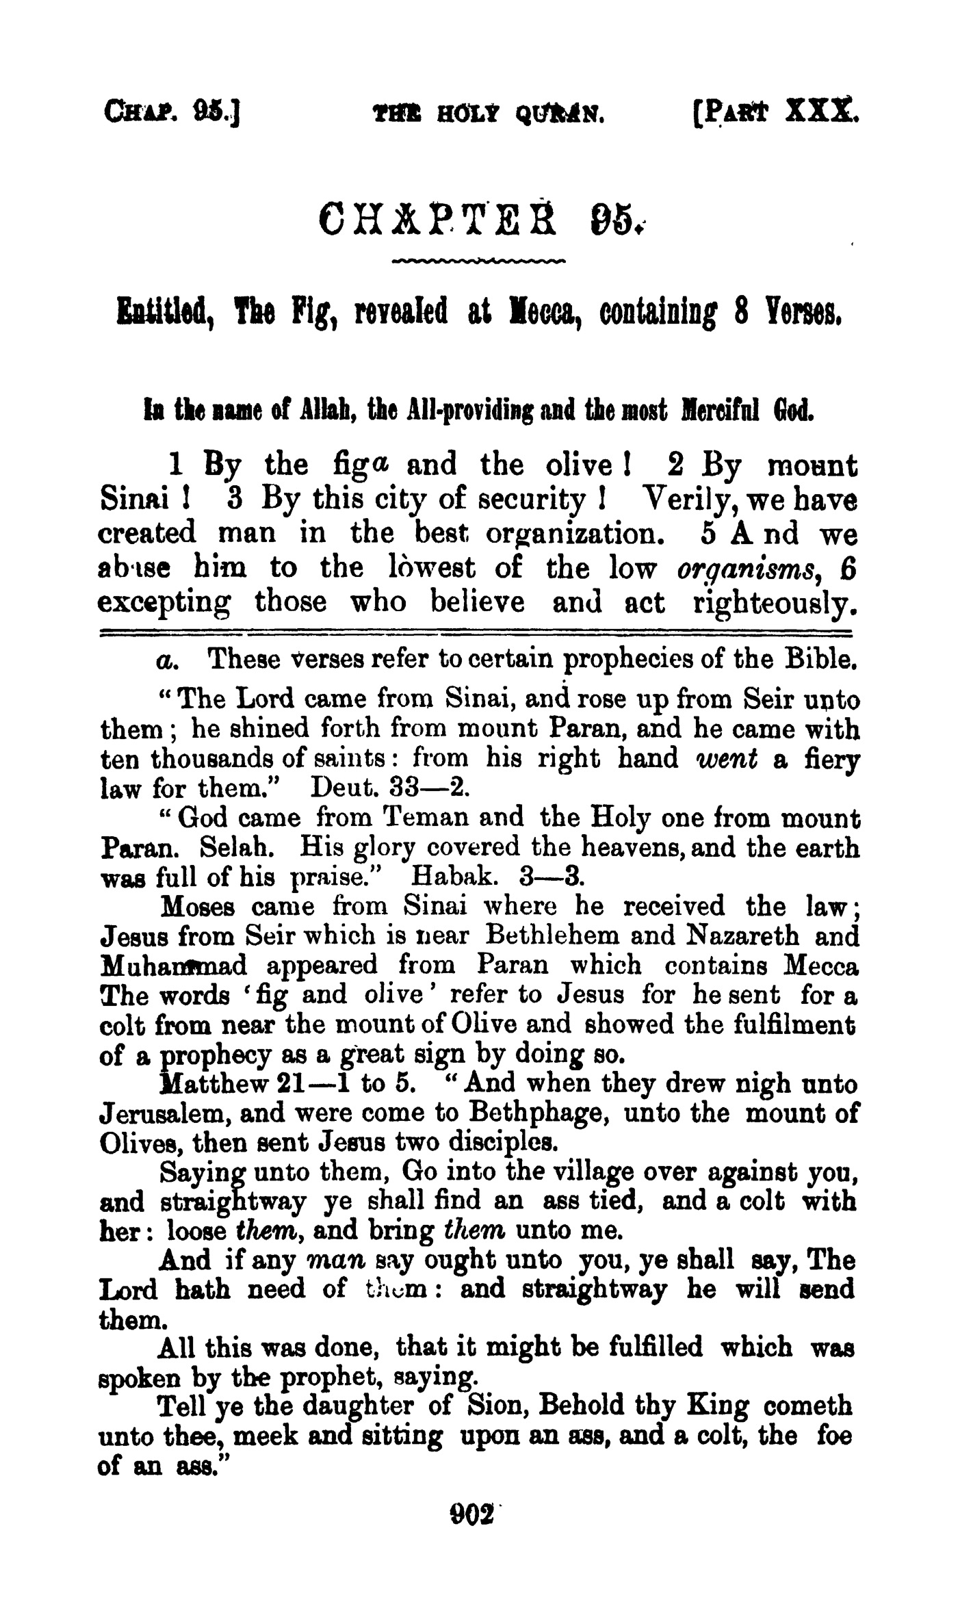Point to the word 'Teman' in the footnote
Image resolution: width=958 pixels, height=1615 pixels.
click(422, 818)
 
